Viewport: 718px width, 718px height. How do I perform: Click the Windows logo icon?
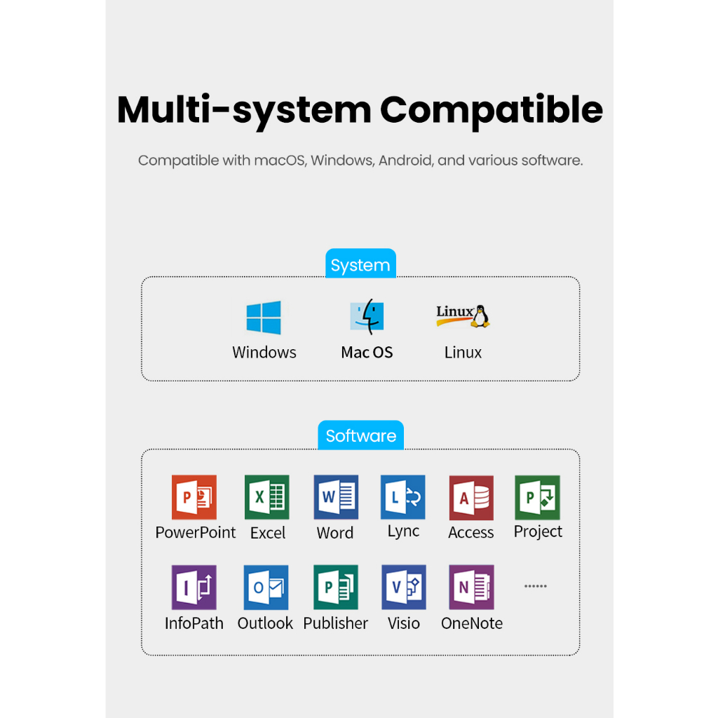click(x=264, y=318)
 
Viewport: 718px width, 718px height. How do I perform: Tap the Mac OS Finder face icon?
click(x=367, y=316)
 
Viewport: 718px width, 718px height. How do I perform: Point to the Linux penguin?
click(x=480, y=316)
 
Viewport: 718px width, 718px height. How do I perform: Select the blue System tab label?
click(x=360, y=264)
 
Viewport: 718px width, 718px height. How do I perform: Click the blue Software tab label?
click(x=361, y=435)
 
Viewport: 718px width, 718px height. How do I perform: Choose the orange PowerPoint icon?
click(x=194, y=497)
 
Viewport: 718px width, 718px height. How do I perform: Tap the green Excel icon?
click(x=267, y=497)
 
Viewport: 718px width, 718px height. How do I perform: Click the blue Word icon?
click(x=336, y=497)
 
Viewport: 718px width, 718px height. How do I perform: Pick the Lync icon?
click(x=403, y=497)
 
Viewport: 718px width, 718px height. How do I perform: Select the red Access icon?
click(x=471, y=497)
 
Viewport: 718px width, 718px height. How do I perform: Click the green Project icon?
click(x=537, y=497)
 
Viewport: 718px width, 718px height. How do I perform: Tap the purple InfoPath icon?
click(x=194, y=587)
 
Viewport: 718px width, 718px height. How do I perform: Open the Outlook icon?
click(x=266, y=587)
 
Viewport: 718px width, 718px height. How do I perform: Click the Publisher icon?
click(x=336, y=587)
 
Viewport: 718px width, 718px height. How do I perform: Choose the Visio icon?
click(x=404, y=587)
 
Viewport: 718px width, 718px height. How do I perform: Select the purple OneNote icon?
click(x=472, y=587)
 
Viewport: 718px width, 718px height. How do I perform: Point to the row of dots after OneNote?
click(x=535, y=586)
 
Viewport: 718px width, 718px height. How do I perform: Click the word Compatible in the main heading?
click(x=492, y=110)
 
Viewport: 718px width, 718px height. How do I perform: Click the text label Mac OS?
click(x=367, y=352)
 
